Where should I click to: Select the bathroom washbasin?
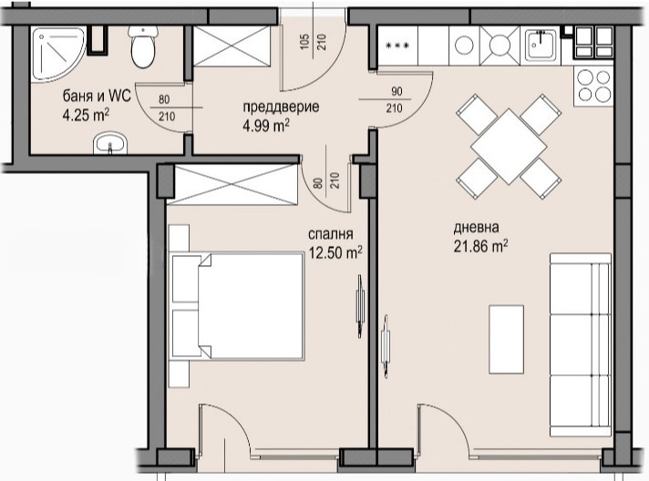(x=111, y=143)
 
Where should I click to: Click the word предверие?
(x=280, y=107)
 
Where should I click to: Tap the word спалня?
(x=331, y=234)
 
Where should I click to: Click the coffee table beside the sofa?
(x=506, y=338)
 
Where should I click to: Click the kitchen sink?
(x=544, y=44)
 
